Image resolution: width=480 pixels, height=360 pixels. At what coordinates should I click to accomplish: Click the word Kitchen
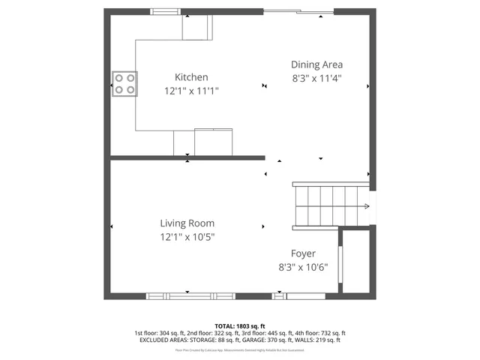point(191,77)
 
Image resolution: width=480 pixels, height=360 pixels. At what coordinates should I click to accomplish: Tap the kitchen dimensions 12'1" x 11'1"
point(191,91)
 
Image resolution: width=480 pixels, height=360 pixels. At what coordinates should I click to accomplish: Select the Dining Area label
point(316,64)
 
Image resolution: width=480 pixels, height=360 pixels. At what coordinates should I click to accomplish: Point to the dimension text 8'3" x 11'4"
point(316,78)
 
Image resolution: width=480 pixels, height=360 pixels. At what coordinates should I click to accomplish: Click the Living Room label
point(187,223)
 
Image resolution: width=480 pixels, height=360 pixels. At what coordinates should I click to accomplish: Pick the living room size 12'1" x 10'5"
point(187,236)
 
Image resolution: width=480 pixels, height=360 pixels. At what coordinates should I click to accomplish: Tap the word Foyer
point(303,253)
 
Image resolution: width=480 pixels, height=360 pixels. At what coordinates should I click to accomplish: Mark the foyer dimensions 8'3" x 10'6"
point(303,267)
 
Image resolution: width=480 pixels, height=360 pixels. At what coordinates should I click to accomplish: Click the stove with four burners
point(124,84)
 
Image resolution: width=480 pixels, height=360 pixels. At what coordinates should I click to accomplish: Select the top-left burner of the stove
point(119,78)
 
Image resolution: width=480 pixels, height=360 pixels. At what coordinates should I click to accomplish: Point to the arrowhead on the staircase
point(367,207)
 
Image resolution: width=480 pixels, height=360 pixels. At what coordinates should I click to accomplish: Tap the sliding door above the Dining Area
point(298,12)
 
